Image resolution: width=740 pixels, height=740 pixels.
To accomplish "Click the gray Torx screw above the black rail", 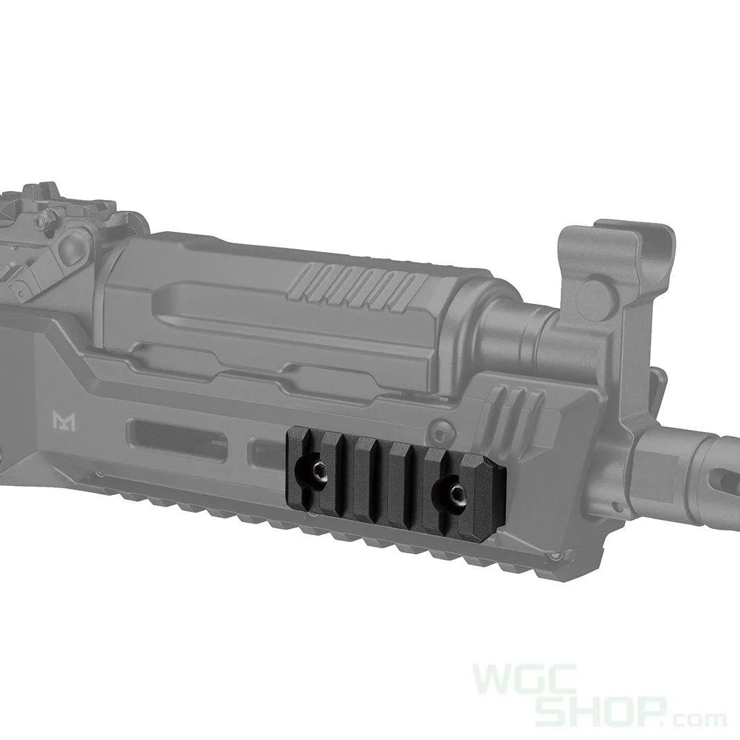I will (436, 435).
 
